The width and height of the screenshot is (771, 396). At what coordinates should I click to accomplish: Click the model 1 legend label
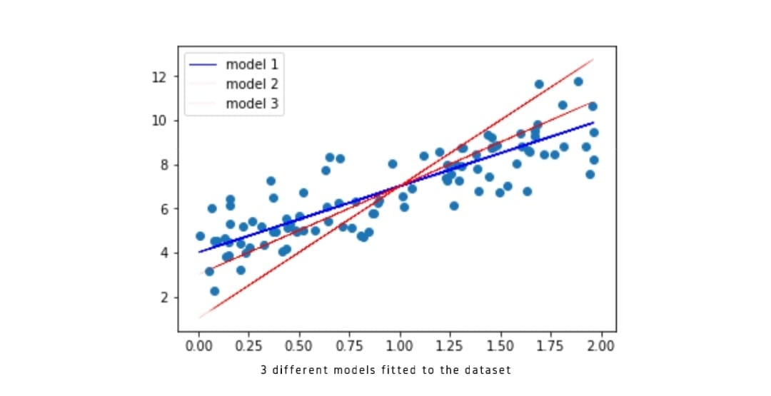[x=251, y=64]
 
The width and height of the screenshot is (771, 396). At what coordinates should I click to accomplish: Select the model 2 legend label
[x=251, y=84]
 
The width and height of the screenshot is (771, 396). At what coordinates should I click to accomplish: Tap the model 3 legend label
[x=251, y=104]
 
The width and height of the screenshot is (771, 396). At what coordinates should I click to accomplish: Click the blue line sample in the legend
[x=203, y=64]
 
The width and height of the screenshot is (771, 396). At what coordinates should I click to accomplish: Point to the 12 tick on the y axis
[x=159, y=76]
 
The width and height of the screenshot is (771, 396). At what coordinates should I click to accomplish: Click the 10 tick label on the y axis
[x=159, y=121]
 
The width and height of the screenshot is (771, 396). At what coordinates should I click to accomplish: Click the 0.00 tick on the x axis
[x=198, y=347]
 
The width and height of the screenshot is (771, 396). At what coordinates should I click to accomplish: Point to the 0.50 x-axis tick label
[x=299, y=347]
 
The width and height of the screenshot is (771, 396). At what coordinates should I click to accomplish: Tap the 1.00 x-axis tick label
[x=400, y=347]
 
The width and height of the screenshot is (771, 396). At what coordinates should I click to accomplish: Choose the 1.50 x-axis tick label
[x=500, y=347]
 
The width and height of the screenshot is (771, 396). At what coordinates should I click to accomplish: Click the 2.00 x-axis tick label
[x=600, y=347]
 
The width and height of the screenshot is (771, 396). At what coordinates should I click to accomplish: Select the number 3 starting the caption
[x=264, y=370]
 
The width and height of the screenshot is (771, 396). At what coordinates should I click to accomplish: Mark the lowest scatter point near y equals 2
[x=214, y=291]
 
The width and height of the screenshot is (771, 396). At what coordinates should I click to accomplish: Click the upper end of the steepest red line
[x=593, y=59]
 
